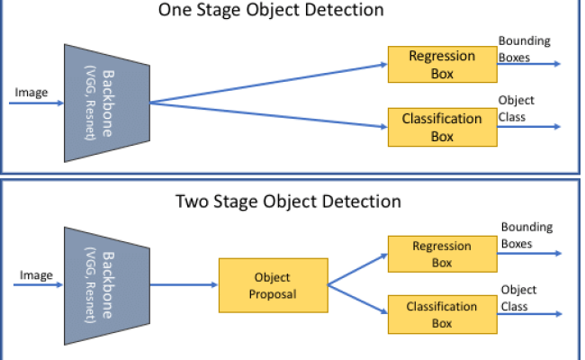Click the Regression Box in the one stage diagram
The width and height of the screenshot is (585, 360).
pyautogui.click(x=441, y=63)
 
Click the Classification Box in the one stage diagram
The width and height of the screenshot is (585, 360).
pyautogui.click(x=441, y=126)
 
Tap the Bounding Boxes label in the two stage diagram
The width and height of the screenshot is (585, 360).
pyautogui.click(x=526, y=235)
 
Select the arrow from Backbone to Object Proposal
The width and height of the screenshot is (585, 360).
pyautogui.click(x=184, y=284)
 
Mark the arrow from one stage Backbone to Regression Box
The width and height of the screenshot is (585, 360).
pyautogui.click(x=270, y=83)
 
